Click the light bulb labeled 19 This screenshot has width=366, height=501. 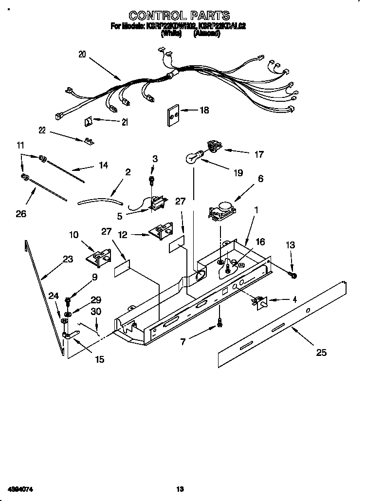[194, 157]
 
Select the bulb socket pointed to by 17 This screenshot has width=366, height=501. [213, 145]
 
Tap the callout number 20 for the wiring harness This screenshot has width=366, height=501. [81, 55]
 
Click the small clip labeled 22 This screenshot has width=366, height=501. [88, 141]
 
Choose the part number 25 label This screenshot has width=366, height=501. [321, 352]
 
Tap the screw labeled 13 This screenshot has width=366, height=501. [294, 276]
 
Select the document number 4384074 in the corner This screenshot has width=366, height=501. [20, 488]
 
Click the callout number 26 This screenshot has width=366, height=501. [21, 213]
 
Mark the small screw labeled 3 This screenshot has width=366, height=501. [152, 181]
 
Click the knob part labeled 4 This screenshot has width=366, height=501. [260, 303]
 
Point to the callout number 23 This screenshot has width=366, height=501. [68, 259]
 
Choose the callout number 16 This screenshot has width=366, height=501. [260, 241]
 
